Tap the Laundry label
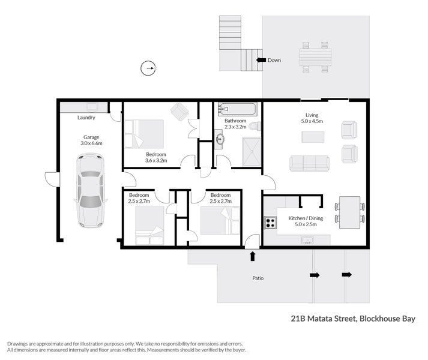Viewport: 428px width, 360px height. (86, 118)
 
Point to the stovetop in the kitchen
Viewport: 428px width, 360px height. (270, 223)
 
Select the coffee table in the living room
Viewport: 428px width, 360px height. (313, 137)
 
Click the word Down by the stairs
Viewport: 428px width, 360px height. (274, 60)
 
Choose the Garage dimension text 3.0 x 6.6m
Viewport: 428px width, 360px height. (92, 143)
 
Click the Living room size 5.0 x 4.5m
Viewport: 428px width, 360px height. (312, 121)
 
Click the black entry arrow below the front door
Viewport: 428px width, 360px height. (252, 257)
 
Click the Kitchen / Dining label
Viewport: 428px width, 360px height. (306, 218)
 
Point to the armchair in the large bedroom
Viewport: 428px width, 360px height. (179, 110)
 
